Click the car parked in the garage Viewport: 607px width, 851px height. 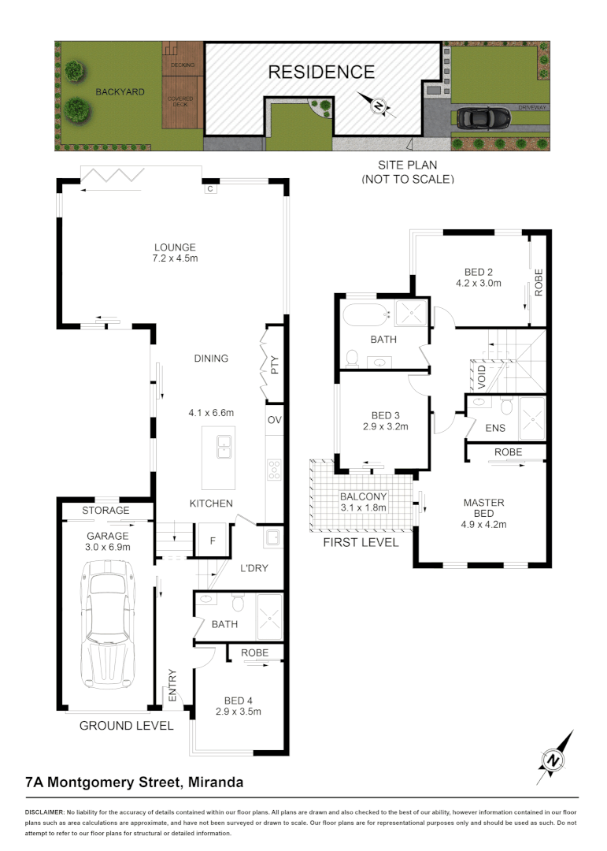[107, 624]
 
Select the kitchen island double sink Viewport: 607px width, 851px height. [224, 447]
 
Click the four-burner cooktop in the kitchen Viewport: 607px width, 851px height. [274, 470]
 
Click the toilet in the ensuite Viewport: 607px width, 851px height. [507, 406]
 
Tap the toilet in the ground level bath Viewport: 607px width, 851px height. [238, 603]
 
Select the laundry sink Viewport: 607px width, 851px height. [272, 538]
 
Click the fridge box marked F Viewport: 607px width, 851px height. [213, 540]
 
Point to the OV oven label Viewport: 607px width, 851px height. [275, 419]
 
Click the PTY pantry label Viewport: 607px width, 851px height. [275, 365]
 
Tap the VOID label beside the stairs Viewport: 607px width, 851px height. [482, 377]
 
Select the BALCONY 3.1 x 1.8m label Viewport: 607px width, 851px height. [364, 502]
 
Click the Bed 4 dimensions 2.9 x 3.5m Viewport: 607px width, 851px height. [238, 711]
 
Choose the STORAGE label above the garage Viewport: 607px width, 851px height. [105, 510]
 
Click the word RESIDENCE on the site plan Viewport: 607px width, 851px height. [322, 72]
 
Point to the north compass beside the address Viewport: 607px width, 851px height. [554, 758]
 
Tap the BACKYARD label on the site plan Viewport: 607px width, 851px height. [120, 91]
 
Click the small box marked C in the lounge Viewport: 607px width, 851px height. [210, 189]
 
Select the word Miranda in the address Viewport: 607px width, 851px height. [216, 782]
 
